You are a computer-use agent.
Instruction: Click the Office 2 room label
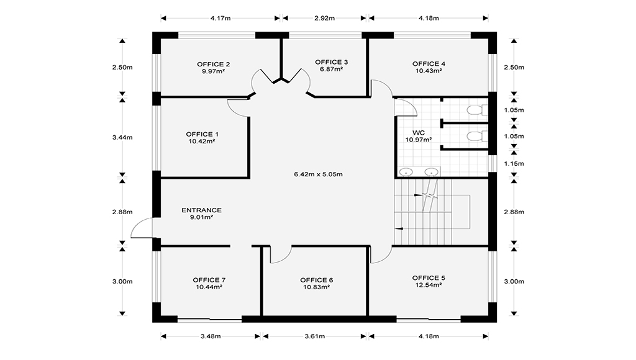click(214, 64)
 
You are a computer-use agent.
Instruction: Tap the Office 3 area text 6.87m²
click(332, 70)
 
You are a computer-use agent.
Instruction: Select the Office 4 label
click(429, 64)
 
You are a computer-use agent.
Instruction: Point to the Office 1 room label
click(202, 134)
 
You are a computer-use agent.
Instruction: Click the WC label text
click(419, 133)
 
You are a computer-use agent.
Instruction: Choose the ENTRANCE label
click(202, 210)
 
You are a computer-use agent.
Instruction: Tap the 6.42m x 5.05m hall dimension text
click(319, 174)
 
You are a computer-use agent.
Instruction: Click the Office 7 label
click(209, 280)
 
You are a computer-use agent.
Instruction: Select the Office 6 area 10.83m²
click(316, 287)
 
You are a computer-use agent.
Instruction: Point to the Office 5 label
click(429, 277)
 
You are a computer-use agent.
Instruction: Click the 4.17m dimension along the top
click(220, 18)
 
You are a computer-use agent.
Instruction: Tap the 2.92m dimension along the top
click(324, 18)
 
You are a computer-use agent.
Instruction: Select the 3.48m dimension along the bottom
click(211, 336)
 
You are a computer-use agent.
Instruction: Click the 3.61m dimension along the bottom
click(315, 336)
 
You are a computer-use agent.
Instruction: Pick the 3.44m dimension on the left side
click(122, 137)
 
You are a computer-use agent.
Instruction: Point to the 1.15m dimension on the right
click(514, 164)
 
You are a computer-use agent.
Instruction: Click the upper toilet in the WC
click(477, 110)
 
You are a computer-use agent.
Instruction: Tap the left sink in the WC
click(406, 173)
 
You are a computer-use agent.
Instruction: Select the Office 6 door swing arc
click(284, 258)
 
